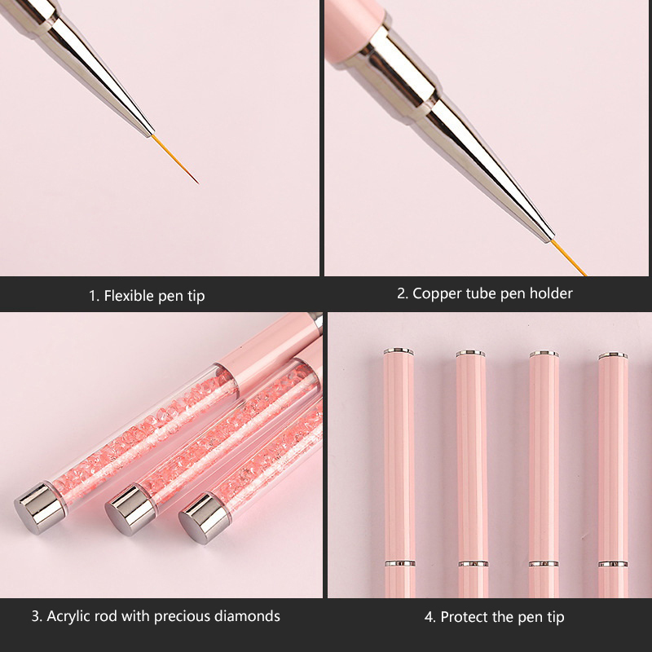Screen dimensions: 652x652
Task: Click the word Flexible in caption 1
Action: coord(130,296)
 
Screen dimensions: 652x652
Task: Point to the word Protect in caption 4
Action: coord(464,617)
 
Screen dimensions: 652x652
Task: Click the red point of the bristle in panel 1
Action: coord(196,181)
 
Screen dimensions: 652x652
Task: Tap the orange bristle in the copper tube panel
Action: coord(568,258)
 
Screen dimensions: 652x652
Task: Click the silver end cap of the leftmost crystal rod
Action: coord(39,508)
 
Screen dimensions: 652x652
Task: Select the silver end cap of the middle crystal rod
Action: coord(130,510)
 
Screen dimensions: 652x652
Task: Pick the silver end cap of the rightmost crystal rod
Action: coord(205,518)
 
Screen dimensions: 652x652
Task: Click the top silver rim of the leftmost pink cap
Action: coord(399,351)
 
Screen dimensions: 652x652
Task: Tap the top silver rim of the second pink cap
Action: coord(470,354)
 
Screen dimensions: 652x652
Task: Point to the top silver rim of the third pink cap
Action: coord(544,354)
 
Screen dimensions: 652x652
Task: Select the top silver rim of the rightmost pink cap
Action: coord(613,355)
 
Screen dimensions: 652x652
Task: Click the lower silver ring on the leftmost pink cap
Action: coord(399,563)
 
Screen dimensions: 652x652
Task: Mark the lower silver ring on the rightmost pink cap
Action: coord(614,564)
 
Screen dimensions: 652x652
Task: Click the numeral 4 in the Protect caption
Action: coord(429,617)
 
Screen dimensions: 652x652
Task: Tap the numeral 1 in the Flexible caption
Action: coord(92,296)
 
